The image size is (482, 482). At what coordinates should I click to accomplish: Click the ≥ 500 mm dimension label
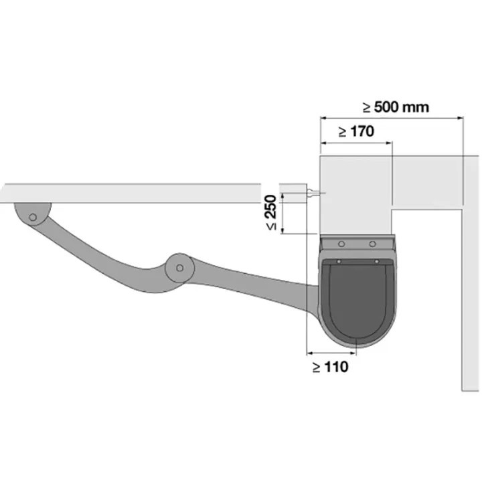point(396,107)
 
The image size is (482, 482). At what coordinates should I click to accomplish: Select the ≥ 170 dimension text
point(356,132)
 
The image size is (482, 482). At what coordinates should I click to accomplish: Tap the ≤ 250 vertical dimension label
point(271,212)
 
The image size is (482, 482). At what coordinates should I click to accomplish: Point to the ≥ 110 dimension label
point(331,367)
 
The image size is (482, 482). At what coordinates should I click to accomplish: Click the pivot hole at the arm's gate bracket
point(33,218)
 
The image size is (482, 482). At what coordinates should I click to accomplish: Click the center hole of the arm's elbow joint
point(179,268)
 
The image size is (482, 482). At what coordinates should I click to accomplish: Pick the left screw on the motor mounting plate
point(341,244)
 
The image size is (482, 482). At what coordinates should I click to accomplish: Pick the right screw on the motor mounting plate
point(372,244)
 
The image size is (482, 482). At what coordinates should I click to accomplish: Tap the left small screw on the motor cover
point(339,262)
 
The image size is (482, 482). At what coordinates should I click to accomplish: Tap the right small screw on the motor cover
point(376,262)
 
